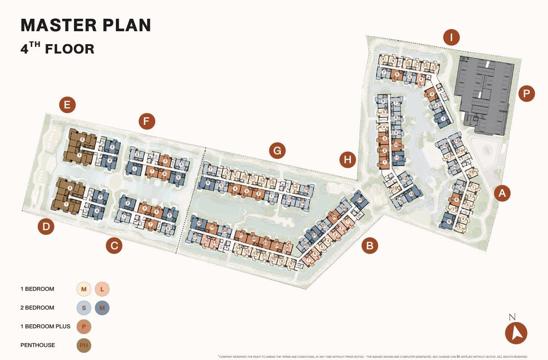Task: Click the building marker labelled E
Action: pyautogui.click(x=67, y=105)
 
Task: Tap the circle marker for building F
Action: pyautogui.click(x=146, y=121)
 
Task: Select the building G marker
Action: pyautogui.click(x=277, y=152)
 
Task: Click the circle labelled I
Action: pyautogui.click(x=452, y=37)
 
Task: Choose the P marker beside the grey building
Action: pyautogui.click(x=527, y=94)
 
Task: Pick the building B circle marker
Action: pyautogui.click(x=370, y=245)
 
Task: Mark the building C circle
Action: pyautogui.click(x=114, y=246)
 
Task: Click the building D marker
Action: pyautogui.click(x=45, y=227)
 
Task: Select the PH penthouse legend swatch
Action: pyautogui.click(x=83, y=345)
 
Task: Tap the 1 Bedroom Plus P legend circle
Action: pyautogui.click(x=83, y=326)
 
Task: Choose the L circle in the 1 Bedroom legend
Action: pyautogui.click(x=102, y=289)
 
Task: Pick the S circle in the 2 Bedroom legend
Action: pyautogui.click(x=83, y=307)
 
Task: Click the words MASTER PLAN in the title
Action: pyautogui.click(x=86, y=25)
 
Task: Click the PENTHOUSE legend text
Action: pyautogui.click(x=37, y=345)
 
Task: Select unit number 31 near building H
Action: pyautogui.click(x=359, y=200)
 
